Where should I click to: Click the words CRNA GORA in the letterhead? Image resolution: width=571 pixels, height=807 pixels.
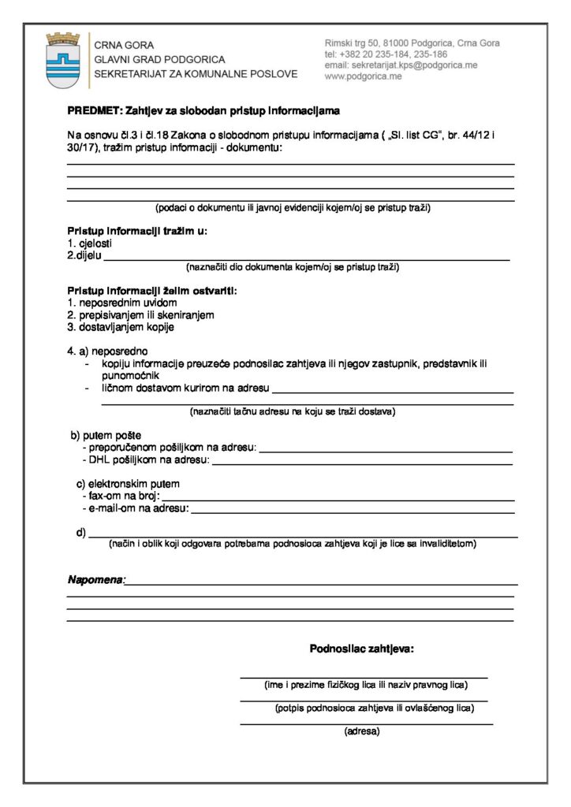point(124,45)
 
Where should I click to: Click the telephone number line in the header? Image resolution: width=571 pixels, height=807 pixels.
point(386,54)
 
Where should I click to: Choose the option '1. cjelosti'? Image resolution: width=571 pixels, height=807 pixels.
point(89,244)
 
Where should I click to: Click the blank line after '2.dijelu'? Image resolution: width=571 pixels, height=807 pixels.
point(308,257)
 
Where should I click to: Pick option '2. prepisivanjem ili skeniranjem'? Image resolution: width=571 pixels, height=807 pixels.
point(140,314)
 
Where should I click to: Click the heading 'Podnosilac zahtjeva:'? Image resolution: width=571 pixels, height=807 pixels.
point(362,649)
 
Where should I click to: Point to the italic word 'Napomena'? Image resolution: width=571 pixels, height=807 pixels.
point(95,580)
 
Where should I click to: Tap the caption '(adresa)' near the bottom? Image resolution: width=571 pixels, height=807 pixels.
point(362,731)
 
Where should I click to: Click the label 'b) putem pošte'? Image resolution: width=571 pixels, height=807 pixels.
point(106,435)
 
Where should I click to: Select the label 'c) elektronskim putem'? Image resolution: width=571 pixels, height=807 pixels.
point(128,483)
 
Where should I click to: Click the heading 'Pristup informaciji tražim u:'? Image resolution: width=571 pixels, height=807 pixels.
point(137,232)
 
